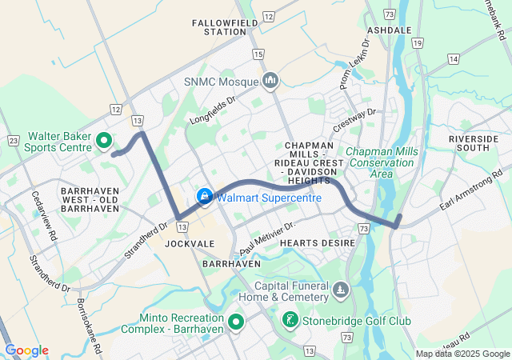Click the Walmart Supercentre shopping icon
[204, 196]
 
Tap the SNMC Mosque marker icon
[270, 81]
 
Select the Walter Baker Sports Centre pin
[103, 142]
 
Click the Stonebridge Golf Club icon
[289, 321]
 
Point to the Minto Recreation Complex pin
[236, 322]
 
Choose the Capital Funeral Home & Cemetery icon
[342, 288]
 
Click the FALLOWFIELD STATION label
[225, 27]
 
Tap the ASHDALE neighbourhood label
[389, 30]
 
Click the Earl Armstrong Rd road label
[470, 190]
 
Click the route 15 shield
[257, 54]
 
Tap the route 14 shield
[454, 58]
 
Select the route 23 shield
[13, 140]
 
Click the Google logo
[27, 350]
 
